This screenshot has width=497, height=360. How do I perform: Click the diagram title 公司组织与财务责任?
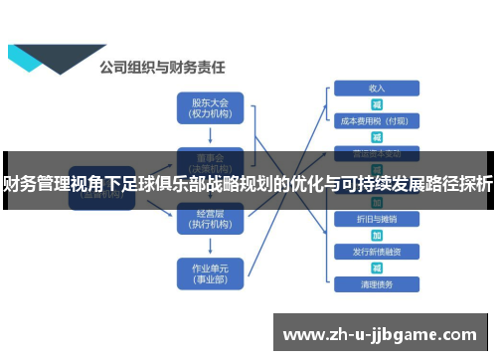[x=162, y=68]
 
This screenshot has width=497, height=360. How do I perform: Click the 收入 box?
[x=377, y=88]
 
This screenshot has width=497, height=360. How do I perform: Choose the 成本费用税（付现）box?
[x=377, y=121]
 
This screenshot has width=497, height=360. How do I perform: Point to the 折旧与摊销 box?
[x=377, y=218]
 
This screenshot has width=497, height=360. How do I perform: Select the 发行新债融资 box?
[x=377, y=251]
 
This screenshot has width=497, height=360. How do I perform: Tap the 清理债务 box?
[x=377, y=283]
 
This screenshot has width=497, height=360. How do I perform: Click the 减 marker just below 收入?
[x=377, y=104]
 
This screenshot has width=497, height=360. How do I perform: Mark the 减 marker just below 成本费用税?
[x=377, y=137]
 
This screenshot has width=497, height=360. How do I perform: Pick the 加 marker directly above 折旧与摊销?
[x=377, y=202]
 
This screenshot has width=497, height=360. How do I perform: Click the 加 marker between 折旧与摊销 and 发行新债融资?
[x=377, y=235]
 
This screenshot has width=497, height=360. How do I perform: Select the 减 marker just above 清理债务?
[x=377, y=268]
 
